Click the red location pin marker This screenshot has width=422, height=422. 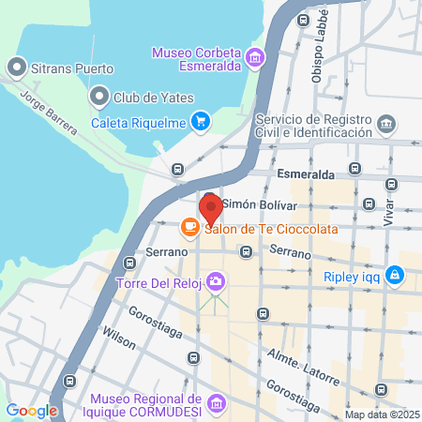[210, 207]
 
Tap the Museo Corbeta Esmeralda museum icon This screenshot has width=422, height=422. [252, 60]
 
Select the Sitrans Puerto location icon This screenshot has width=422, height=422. [16, 68]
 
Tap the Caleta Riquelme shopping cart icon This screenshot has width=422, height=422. [199, 121]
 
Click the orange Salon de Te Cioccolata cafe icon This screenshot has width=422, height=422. [189, 227]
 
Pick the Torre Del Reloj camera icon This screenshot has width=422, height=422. [217, 280]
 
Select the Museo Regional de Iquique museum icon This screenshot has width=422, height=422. [217, 402]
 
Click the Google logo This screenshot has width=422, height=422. [31, 410]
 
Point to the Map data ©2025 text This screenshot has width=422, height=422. [381, 414]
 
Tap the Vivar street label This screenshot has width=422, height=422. [389, 210]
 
